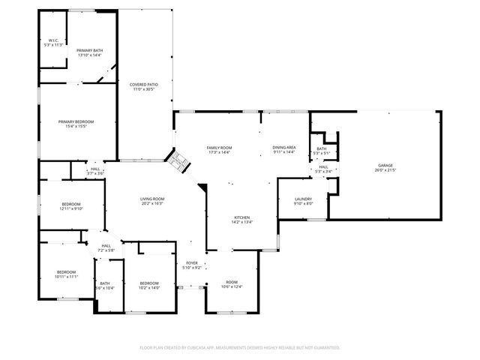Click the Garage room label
click(x=385, y=165)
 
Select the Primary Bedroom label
click(x=76, y=121)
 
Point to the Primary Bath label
click(x=89, y=50)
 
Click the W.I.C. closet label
click(x=53, y=40)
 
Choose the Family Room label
click(x=220, y=148)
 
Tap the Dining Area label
click(x=284, y=148)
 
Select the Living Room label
click(x=151, y=199)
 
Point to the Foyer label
click(x=192, y=262)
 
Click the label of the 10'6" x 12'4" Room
click(x=232, y=282)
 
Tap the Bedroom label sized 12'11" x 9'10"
click(x=71, y=205)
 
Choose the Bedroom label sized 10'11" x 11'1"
click(x=66, y=271)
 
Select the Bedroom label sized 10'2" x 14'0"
click(x=149, y=283)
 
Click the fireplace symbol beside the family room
click(x=175, y=160)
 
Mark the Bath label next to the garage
click(x=322, y=149)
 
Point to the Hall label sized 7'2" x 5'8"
click(x=106, y=245)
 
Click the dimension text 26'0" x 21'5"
click(x=385, y=169)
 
